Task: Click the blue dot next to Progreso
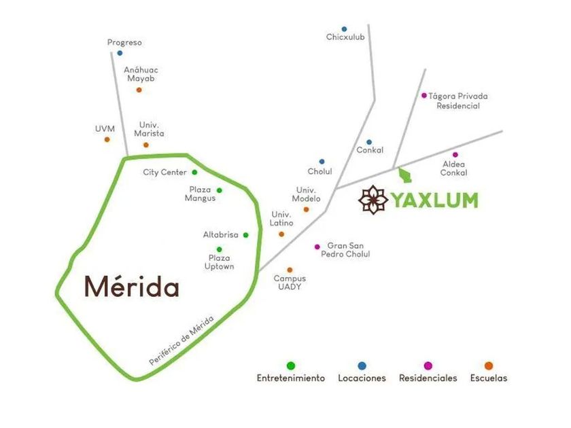point(120,53)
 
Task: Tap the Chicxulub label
point(345,37)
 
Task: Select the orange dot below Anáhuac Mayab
point(139,90)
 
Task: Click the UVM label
point(105,129)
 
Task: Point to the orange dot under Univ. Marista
point(146,145)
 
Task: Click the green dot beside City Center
point(194,172)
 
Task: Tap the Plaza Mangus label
point(200,194)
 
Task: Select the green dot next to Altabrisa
point(246,235)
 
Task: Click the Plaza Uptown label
point(219,262)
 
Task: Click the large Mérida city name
point(132,287)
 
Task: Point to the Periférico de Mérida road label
point(181,341)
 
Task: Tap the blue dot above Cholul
point(322,162)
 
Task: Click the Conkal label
point(370,150)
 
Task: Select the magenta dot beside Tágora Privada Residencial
point(424,96)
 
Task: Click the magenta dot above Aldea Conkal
point(455,155)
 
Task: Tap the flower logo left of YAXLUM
point(373,200)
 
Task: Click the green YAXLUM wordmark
point(434,200)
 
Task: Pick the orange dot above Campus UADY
point(290,270)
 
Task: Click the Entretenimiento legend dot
point(291,365)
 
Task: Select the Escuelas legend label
point(489,378)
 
